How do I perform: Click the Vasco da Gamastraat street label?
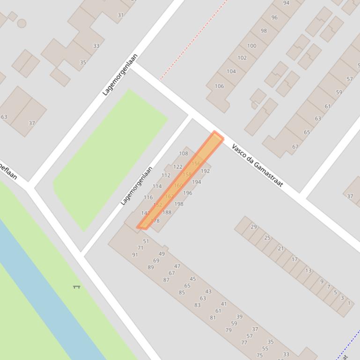pyautogui.click(x=257, y=166)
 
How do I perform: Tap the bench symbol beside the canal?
pyautogui.click(x=76, y=287)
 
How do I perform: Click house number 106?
pyautogui.click(x=219, y=86)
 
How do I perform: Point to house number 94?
pyautogui.click(x=287, y=3)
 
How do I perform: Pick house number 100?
pyautogui.click(x=252, y=46)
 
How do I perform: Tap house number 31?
pyautogui.click(x=121, y=15)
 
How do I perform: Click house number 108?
pyautogui.click(x=184, y=153)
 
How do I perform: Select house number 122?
pyautogui.click(x=178, y=167)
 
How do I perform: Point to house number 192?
pyautogui.click(x=205, y=171)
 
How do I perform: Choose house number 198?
pyautogui.click(x=179, y=204)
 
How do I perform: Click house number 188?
pyautogui.click(x=167, y=212)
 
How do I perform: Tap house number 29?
pyautogui.click(x=254, y=227)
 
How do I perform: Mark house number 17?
pyautogui.click(x=295, y=259)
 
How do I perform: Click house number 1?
pyautogui.click(x=349, y=303)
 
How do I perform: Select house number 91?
pyautogui.click(x=135, y=255)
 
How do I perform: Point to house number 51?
pyautogui.click(x=146, y=241)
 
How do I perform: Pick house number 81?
pyautogui.click(x=213, y=318)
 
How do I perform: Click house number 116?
pyautogui.click(x=148, y=197)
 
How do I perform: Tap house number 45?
pyautogui.click(x=193, y=279)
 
